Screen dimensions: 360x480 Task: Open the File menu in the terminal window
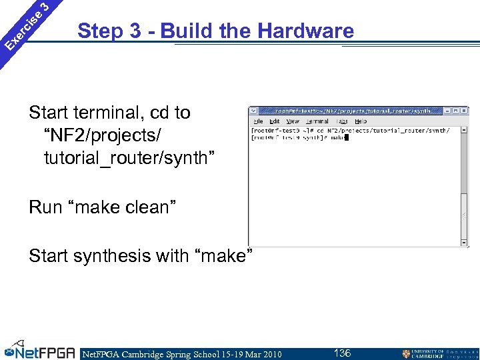(258, 121)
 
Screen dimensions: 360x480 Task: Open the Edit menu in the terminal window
(275, 121)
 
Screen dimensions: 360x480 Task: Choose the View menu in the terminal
(293, 121)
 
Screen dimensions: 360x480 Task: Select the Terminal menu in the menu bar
(317, 121)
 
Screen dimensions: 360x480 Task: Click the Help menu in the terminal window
(361, 121)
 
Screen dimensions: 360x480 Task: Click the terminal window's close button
(464, 111)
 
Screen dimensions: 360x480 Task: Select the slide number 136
(343, 353)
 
